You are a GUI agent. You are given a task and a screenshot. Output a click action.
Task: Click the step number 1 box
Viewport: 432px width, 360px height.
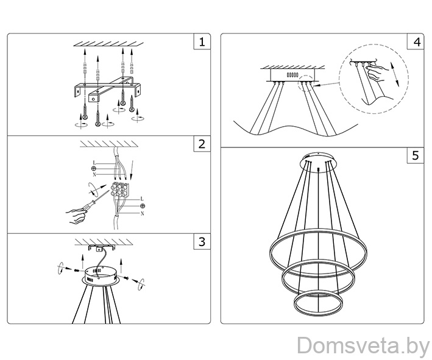tap(202, 41)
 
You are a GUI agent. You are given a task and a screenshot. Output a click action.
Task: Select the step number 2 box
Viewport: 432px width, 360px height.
tap(202, 144)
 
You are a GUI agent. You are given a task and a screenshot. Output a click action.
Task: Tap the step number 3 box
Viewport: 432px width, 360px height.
tap(202, 242)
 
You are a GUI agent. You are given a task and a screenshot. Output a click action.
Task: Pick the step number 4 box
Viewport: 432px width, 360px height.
tap(416, 41)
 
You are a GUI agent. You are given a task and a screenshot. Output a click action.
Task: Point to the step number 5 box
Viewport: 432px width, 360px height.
tap(416, 155)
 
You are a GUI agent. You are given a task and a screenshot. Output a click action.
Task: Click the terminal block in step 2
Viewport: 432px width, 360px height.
tap(120, 189)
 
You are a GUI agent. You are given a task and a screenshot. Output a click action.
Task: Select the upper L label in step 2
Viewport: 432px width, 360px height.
tap(94, 163)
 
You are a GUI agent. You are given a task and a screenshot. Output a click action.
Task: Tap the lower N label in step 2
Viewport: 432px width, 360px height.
tap(142, 213)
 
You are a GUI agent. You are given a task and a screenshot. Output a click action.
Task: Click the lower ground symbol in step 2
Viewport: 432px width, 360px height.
tap(143, 206)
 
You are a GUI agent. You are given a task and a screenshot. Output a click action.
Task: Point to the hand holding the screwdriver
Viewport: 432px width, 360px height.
tap(75, 216)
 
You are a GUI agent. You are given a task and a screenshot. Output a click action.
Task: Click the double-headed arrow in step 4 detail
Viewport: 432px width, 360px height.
tap(394, 74)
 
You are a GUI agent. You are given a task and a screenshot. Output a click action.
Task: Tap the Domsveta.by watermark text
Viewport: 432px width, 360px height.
tap(364, 345)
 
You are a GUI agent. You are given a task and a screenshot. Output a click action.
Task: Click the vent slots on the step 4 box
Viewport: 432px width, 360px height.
tap(292, 75)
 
